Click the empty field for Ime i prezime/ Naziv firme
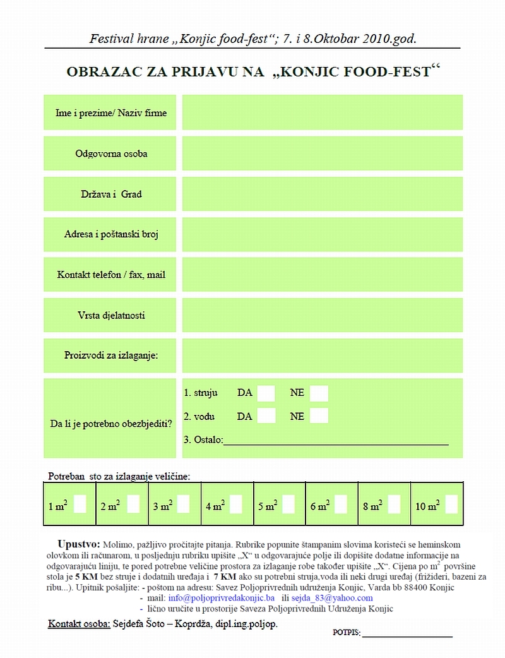[x=322, y=112]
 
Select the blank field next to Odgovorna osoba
[x=322, y=153]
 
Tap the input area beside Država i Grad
[x=322, y=194]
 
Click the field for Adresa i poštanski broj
[x=322, y=234]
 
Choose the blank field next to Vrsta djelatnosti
[x=322, y=315]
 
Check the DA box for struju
[x=266, y=393]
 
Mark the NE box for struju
[x=319, y=393]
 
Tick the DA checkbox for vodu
[x=266, y=416]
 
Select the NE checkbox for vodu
[x=319, y=416]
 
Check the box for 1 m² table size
[x=80, y=505]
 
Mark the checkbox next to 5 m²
[x=288, y=505]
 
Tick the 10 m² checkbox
[x=451, y=505]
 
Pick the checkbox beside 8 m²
[x=394, y=505]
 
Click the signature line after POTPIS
[x=407, y=634]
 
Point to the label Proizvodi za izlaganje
[x=111, y=356]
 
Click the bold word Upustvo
[x=78, y=544]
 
